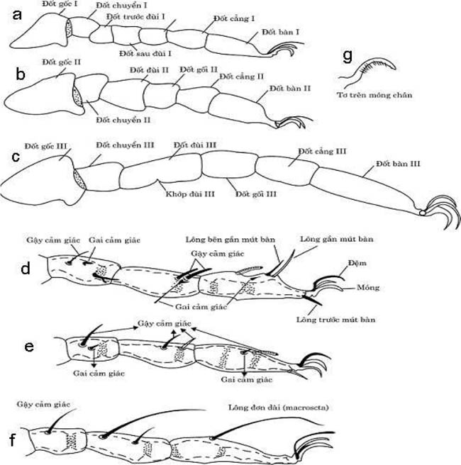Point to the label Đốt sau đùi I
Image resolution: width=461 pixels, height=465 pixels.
pos(147,53)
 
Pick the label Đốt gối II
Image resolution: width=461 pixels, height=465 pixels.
pos(198,69)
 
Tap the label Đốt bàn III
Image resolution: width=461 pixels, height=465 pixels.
pos(395,163)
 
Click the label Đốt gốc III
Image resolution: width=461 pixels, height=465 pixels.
pos(46,146)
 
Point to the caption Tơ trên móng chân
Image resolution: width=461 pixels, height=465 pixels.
pos(374,94)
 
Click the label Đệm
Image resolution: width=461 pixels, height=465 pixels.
pos(355,262)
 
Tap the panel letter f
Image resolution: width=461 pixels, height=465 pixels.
pos(11,439)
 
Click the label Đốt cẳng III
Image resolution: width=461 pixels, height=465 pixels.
pos(322,151)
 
